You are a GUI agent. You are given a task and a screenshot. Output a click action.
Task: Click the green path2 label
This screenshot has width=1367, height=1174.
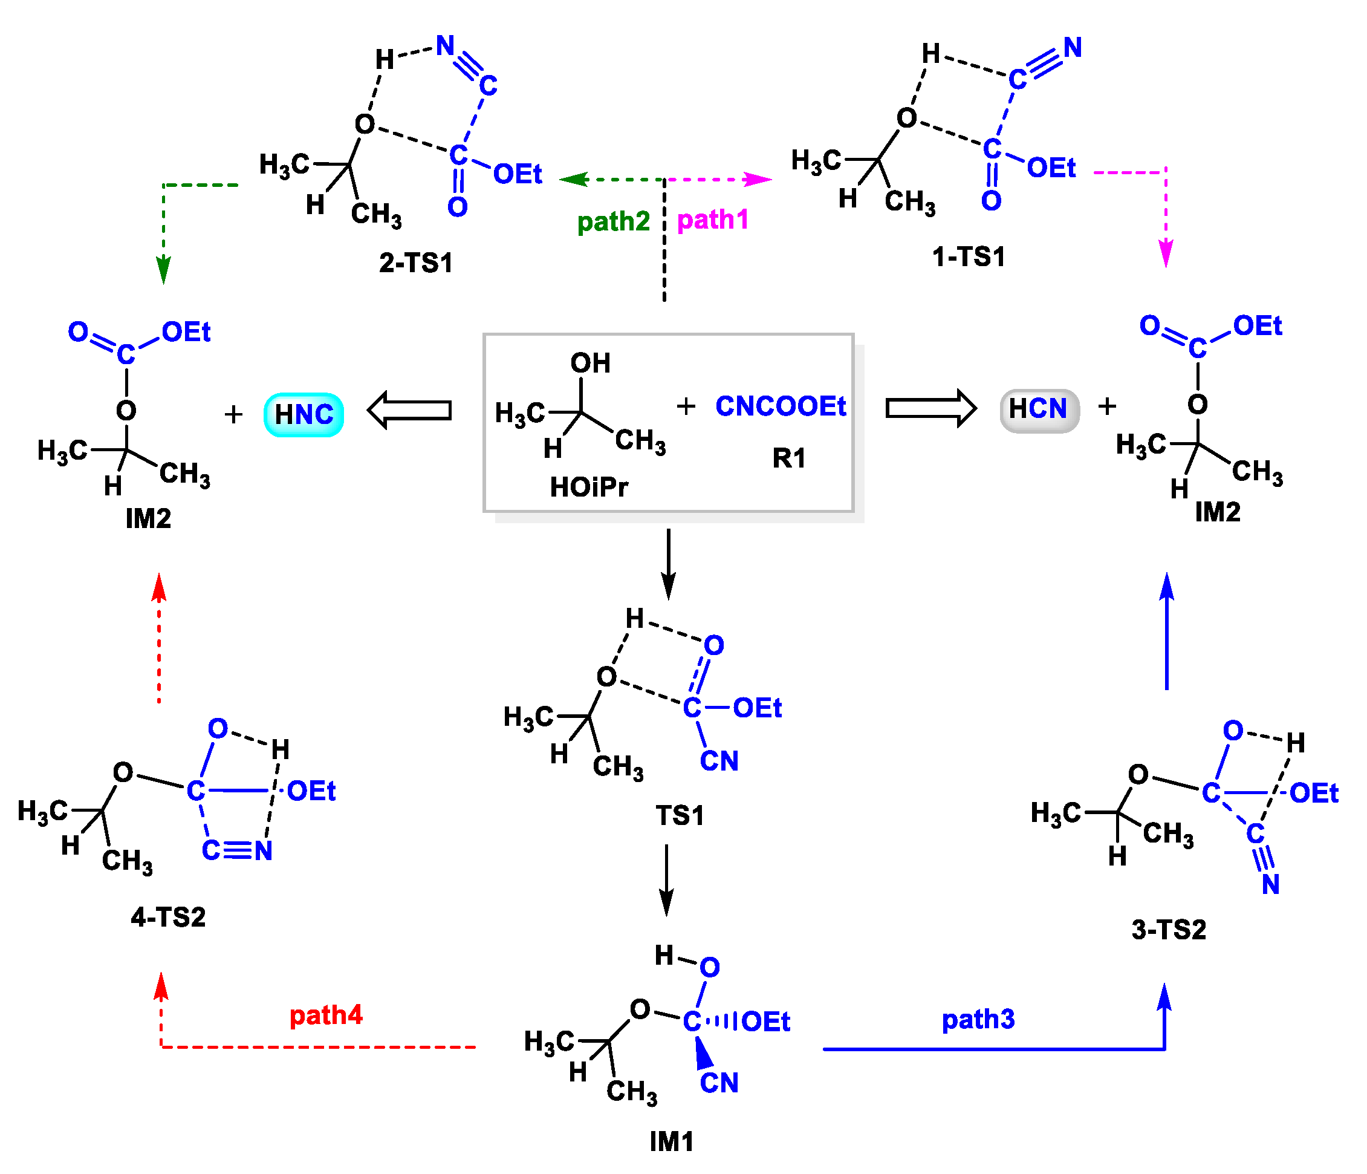613,221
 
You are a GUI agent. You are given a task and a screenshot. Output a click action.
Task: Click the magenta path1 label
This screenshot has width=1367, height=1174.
713,219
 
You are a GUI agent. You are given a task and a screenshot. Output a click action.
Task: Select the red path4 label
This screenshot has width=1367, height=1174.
326,1014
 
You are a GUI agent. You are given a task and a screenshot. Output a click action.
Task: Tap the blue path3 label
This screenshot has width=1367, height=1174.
978,1019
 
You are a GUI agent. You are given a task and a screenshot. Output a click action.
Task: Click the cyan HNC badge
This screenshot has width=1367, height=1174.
304,414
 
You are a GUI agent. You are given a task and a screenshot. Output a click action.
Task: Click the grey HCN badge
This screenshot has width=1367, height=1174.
1039,409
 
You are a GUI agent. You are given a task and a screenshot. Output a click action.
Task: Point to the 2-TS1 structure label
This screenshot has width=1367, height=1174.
415,263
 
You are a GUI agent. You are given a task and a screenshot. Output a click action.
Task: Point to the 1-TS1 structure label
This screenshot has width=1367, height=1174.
969,256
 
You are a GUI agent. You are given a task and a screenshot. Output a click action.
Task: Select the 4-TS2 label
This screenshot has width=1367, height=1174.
168,916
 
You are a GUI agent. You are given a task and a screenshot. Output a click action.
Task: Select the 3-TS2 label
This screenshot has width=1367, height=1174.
1169,929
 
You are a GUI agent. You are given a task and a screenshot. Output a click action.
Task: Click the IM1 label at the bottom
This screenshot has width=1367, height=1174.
672,1141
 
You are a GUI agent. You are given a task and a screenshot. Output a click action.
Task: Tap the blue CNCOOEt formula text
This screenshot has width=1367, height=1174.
781,406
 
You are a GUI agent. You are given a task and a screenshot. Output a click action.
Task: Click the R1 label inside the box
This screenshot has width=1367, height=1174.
789,458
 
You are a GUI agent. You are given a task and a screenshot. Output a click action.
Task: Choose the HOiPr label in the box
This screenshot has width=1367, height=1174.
588,487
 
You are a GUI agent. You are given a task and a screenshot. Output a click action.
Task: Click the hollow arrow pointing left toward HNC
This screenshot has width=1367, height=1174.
410,410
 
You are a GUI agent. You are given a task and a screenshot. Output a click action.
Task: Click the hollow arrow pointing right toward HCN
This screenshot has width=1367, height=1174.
930,408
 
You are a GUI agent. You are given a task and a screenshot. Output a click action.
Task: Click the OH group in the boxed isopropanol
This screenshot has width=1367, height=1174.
590,363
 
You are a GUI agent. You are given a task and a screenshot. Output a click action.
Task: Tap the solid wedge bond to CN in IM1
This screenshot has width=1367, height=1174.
703,1052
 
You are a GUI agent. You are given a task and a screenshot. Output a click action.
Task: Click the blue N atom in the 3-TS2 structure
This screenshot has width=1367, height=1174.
1270,884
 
